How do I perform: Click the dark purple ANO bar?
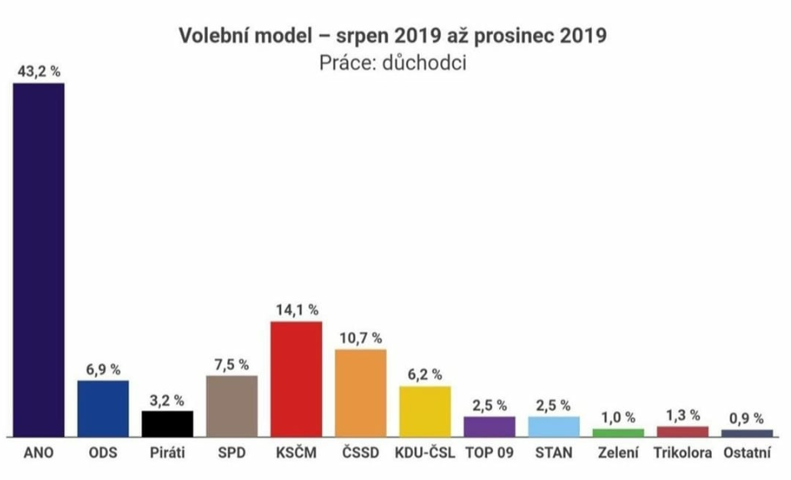tap(38, 260)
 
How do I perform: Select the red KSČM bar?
tap(297, 379)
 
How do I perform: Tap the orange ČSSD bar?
tap(361, 393)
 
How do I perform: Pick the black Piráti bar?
tap(167, 423)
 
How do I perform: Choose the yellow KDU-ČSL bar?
tap(425, 411)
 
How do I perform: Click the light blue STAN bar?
tap(554, 426)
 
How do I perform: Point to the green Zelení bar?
tap(618, 433)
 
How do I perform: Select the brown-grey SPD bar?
tap(231, 406)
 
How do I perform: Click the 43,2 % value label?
tap(38, 72)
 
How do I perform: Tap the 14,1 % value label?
tap(297, 309)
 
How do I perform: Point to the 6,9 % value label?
tap(103, 369)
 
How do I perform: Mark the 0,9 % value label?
tap(747, 418)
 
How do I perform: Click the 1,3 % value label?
tap(683, 415)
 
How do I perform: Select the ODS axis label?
tap(103, 454)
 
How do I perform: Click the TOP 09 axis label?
tap(489, 454)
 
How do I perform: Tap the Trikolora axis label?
tap(683, 454)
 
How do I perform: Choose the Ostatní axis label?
tap(747, 454)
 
